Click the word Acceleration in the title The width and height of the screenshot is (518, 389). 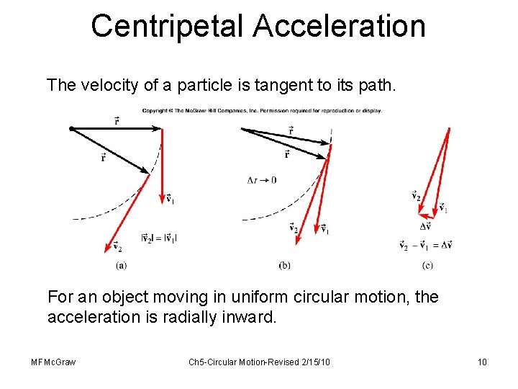pos(339,27)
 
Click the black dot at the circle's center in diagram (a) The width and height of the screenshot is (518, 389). pos(71,128)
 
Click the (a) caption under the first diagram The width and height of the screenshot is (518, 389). pos(122,265)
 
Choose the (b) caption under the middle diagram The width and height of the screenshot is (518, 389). pos(285,265)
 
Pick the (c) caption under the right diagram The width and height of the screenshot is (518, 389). pos(427,265)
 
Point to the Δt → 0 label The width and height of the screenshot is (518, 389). pos(261,180)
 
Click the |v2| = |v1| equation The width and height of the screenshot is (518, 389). pos(160,238)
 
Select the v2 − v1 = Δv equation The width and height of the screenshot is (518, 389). pos(425,245)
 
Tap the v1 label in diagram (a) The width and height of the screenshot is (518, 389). pos(170,199)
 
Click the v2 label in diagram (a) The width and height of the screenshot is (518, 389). pos(117,247)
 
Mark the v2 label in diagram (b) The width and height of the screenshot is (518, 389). pos(294,228)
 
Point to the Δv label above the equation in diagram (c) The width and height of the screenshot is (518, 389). pos(425,226)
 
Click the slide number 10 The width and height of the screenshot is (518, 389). pos(482,362)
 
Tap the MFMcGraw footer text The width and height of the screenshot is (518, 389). pos(54,362)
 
